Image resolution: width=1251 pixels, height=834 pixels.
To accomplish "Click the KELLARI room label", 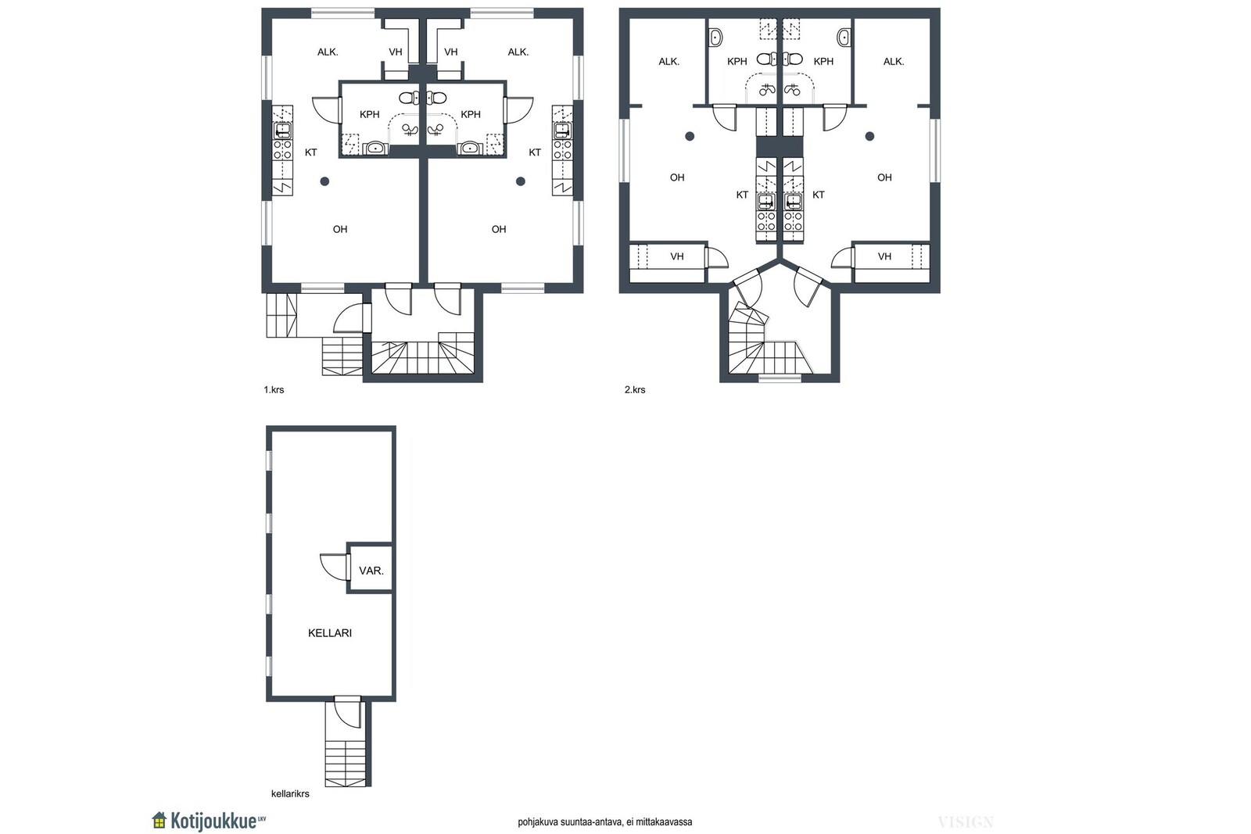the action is (329, 633).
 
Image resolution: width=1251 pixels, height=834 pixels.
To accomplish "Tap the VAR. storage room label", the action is (371, 571).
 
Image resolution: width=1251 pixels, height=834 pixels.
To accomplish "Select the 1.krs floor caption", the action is (274, 390).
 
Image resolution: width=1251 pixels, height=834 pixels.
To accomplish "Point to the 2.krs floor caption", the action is (634, 390).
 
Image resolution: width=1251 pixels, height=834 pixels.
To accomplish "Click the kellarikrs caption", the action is (290, 794).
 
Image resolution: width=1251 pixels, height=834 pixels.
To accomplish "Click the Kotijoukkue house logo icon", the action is (160, 820).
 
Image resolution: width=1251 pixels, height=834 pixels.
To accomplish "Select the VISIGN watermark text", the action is (966, 822).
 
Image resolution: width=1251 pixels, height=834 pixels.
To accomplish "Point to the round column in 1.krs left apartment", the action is (324, 181).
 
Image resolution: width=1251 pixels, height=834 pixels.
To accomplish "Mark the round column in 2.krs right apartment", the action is (869, 136).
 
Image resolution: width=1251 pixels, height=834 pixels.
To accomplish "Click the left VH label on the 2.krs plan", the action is (677, 257).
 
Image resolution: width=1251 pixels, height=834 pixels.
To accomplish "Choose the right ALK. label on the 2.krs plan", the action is (894, 62).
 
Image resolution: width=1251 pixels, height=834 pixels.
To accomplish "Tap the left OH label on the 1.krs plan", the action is (339, 229).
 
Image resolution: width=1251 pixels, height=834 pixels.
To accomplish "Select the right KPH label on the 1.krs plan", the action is (470, 114).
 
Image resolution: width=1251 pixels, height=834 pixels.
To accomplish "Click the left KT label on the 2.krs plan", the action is (742, 195).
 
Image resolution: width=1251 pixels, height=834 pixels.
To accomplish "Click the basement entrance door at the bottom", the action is (348, 712).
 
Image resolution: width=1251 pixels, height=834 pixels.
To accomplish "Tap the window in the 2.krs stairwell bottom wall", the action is (780, 378).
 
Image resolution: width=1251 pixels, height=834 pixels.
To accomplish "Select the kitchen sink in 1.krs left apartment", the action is (282, 131).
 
